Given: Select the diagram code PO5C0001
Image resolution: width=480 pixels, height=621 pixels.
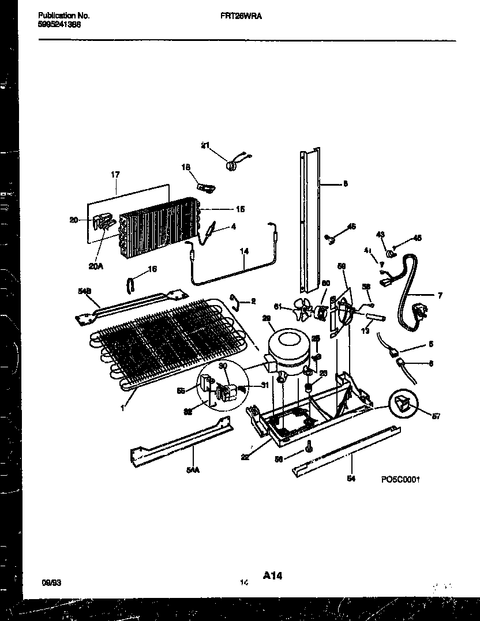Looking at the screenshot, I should coord(400,479).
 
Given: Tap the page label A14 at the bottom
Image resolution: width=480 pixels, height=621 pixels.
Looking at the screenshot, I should coord(272,575).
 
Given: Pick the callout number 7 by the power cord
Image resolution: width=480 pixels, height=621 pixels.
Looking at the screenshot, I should coord(440,296).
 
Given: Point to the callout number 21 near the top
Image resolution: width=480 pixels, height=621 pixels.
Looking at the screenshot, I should coord(204,145).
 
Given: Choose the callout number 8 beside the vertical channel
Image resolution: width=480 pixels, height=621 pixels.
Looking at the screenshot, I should coord(345,185).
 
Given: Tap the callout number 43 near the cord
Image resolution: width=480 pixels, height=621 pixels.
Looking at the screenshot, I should coord(380,234).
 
